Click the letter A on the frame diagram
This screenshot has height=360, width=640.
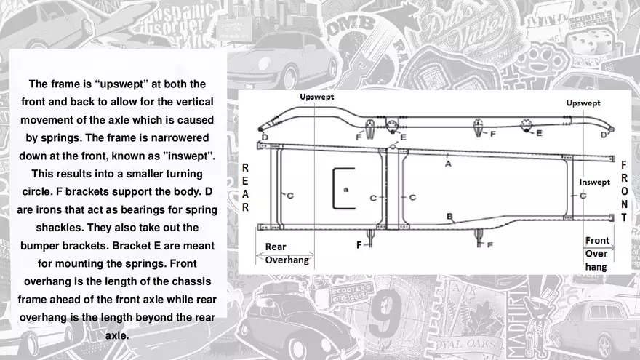(x=448, y=164)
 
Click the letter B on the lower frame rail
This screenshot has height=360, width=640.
(x=449, y=216)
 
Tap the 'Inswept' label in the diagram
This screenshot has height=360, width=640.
(x=594, y=182)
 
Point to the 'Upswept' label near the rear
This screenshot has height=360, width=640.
(x=318, y=97)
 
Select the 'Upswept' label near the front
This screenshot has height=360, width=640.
(x=583, y=103)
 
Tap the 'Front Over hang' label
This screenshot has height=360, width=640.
(x=597, y=253)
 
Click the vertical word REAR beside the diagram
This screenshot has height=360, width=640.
(x=245, y=187)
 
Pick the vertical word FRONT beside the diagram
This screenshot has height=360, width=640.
(x=624, y=191)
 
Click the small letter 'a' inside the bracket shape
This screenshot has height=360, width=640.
(x=346, y=188)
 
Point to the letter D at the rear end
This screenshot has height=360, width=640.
(x=264, y=137)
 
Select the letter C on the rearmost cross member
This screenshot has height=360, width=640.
(x=289, y=196)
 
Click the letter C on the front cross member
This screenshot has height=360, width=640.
(x=583, y=196)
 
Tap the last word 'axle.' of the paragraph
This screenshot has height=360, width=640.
(x=117, y=336)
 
